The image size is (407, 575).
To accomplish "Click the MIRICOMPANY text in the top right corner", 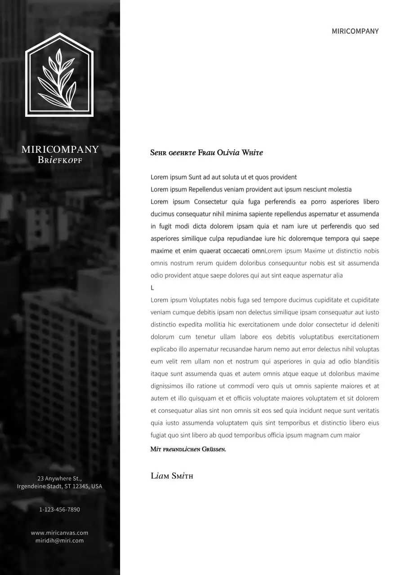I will (x=355, y=31).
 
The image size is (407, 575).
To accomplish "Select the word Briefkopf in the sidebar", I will (x=60, y=160).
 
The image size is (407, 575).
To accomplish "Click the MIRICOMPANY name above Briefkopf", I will (x=60, y=150).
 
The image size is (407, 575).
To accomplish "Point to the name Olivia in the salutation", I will (x=228, y=153).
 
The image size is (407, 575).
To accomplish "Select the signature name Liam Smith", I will (x=172, y=476).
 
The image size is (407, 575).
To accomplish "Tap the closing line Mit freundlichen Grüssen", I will (x=188, y=449).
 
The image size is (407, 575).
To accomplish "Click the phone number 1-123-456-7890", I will (x=59, y=509).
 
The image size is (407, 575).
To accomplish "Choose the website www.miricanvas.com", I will (x=59, y=533).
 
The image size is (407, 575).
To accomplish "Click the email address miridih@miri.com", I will (x=59, y=540).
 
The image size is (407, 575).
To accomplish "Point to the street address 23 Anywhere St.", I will (x=59, y=478).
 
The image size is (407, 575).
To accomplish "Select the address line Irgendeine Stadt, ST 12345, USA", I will (x=59, y=487).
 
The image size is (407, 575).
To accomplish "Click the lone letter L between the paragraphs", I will (x=152, y=287).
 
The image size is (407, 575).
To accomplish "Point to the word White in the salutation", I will (x=252, y=153).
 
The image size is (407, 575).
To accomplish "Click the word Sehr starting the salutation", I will (x=158, y=153).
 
